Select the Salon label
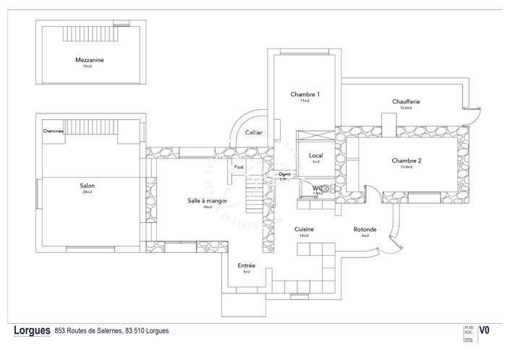(x=88, y=186)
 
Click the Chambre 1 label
(x=305, y=94)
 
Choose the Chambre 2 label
(x=407, y=160)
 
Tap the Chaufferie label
(x=407, y=102)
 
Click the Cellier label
(x=253, y=132)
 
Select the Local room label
(x=315, y=155)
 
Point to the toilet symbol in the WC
(x=326, y=189)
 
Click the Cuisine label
(x=303, y=229)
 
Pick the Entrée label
(x=246, y=265)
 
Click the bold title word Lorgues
(x=32, y=330)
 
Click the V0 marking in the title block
(x=485, y=330)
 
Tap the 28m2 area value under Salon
(x=88, y=192)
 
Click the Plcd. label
(x=238, y=167)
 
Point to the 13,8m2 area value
(x=407, y=166)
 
